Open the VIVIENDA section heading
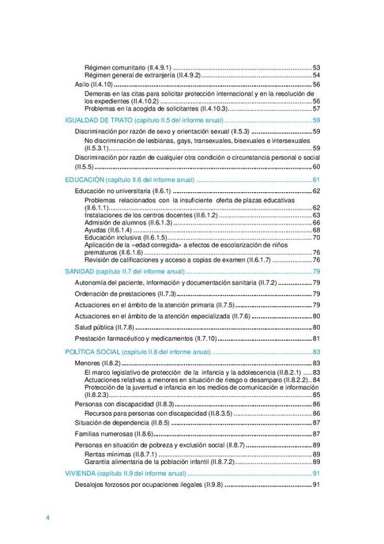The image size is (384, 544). click(82, 473)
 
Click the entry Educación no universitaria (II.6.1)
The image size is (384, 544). click(122, 191)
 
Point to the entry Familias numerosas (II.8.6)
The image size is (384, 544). click(114, 433)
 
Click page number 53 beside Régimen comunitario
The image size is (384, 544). click(315, 67)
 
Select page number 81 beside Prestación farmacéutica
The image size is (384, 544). click(315, 338)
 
